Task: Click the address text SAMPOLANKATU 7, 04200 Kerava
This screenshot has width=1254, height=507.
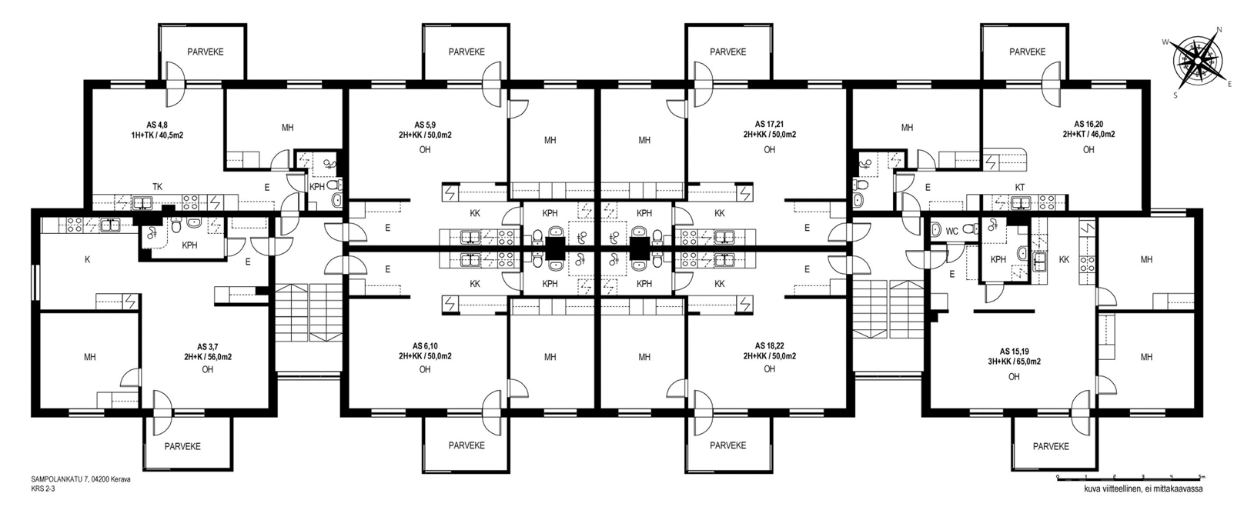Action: [x=81, y=479]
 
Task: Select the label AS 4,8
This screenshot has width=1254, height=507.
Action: [x=157, y=125]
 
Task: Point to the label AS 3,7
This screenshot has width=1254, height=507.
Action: [x=208, y=347]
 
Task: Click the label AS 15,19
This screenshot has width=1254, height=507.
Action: [x=1014, y=352]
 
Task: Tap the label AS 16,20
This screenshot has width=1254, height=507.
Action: [x=1088, y=125]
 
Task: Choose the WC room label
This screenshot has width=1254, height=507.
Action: [x=951, y=231]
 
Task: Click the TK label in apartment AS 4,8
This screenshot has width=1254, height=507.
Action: [x=157, y=187]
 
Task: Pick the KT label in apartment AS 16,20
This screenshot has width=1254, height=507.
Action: [x=1019, y=188]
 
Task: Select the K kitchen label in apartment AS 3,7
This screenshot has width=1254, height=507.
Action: [x=87, y=260]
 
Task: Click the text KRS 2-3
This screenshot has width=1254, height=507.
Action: [x=43, y=489]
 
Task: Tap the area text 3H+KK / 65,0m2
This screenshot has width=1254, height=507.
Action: [x=1014, y=362]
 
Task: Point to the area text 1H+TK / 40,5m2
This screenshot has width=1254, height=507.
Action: [x=157, y=135]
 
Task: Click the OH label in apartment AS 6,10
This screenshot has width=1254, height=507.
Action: [x=425, y=369]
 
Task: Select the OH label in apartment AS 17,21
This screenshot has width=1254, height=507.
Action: [x=769, y=150]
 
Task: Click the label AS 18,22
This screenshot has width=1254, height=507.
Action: [x=769, y=346]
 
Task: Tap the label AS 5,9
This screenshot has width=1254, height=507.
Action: [x=425, y=125]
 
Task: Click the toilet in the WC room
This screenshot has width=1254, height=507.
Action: [x=936, y=229]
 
